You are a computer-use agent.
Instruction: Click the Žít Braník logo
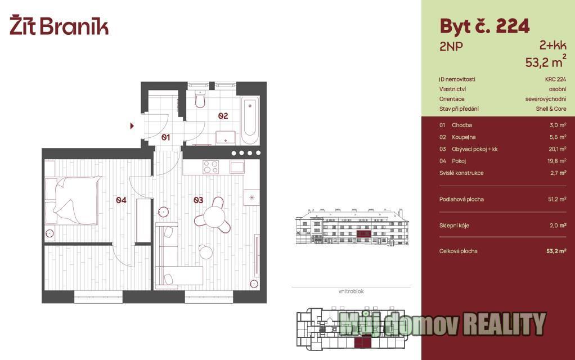59,25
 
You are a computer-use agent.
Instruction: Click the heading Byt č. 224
484,26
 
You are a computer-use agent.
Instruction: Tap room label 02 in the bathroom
223,116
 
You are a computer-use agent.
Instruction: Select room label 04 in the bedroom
121,200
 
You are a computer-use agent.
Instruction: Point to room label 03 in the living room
198,200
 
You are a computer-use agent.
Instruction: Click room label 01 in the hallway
165,137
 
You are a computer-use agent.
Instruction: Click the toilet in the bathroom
200,98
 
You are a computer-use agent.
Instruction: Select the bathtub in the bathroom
250,120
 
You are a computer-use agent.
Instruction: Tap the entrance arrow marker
132,126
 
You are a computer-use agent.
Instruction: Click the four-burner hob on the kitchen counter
211,167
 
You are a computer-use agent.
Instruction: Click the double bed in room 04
73,200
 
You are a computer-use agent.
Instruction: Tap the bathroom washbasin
226,137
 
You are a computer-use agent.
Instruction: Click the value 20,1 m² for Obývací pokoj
558,149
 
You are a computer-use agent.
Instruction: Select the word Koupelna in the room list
464,137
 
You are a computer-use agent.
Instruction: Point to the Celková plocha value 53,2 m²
556,251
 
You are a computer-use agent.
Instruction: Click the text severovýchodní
546,99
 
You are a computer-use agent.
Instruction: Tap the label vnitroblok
351,291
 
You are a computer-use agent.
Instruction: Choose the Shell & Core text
551,109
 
